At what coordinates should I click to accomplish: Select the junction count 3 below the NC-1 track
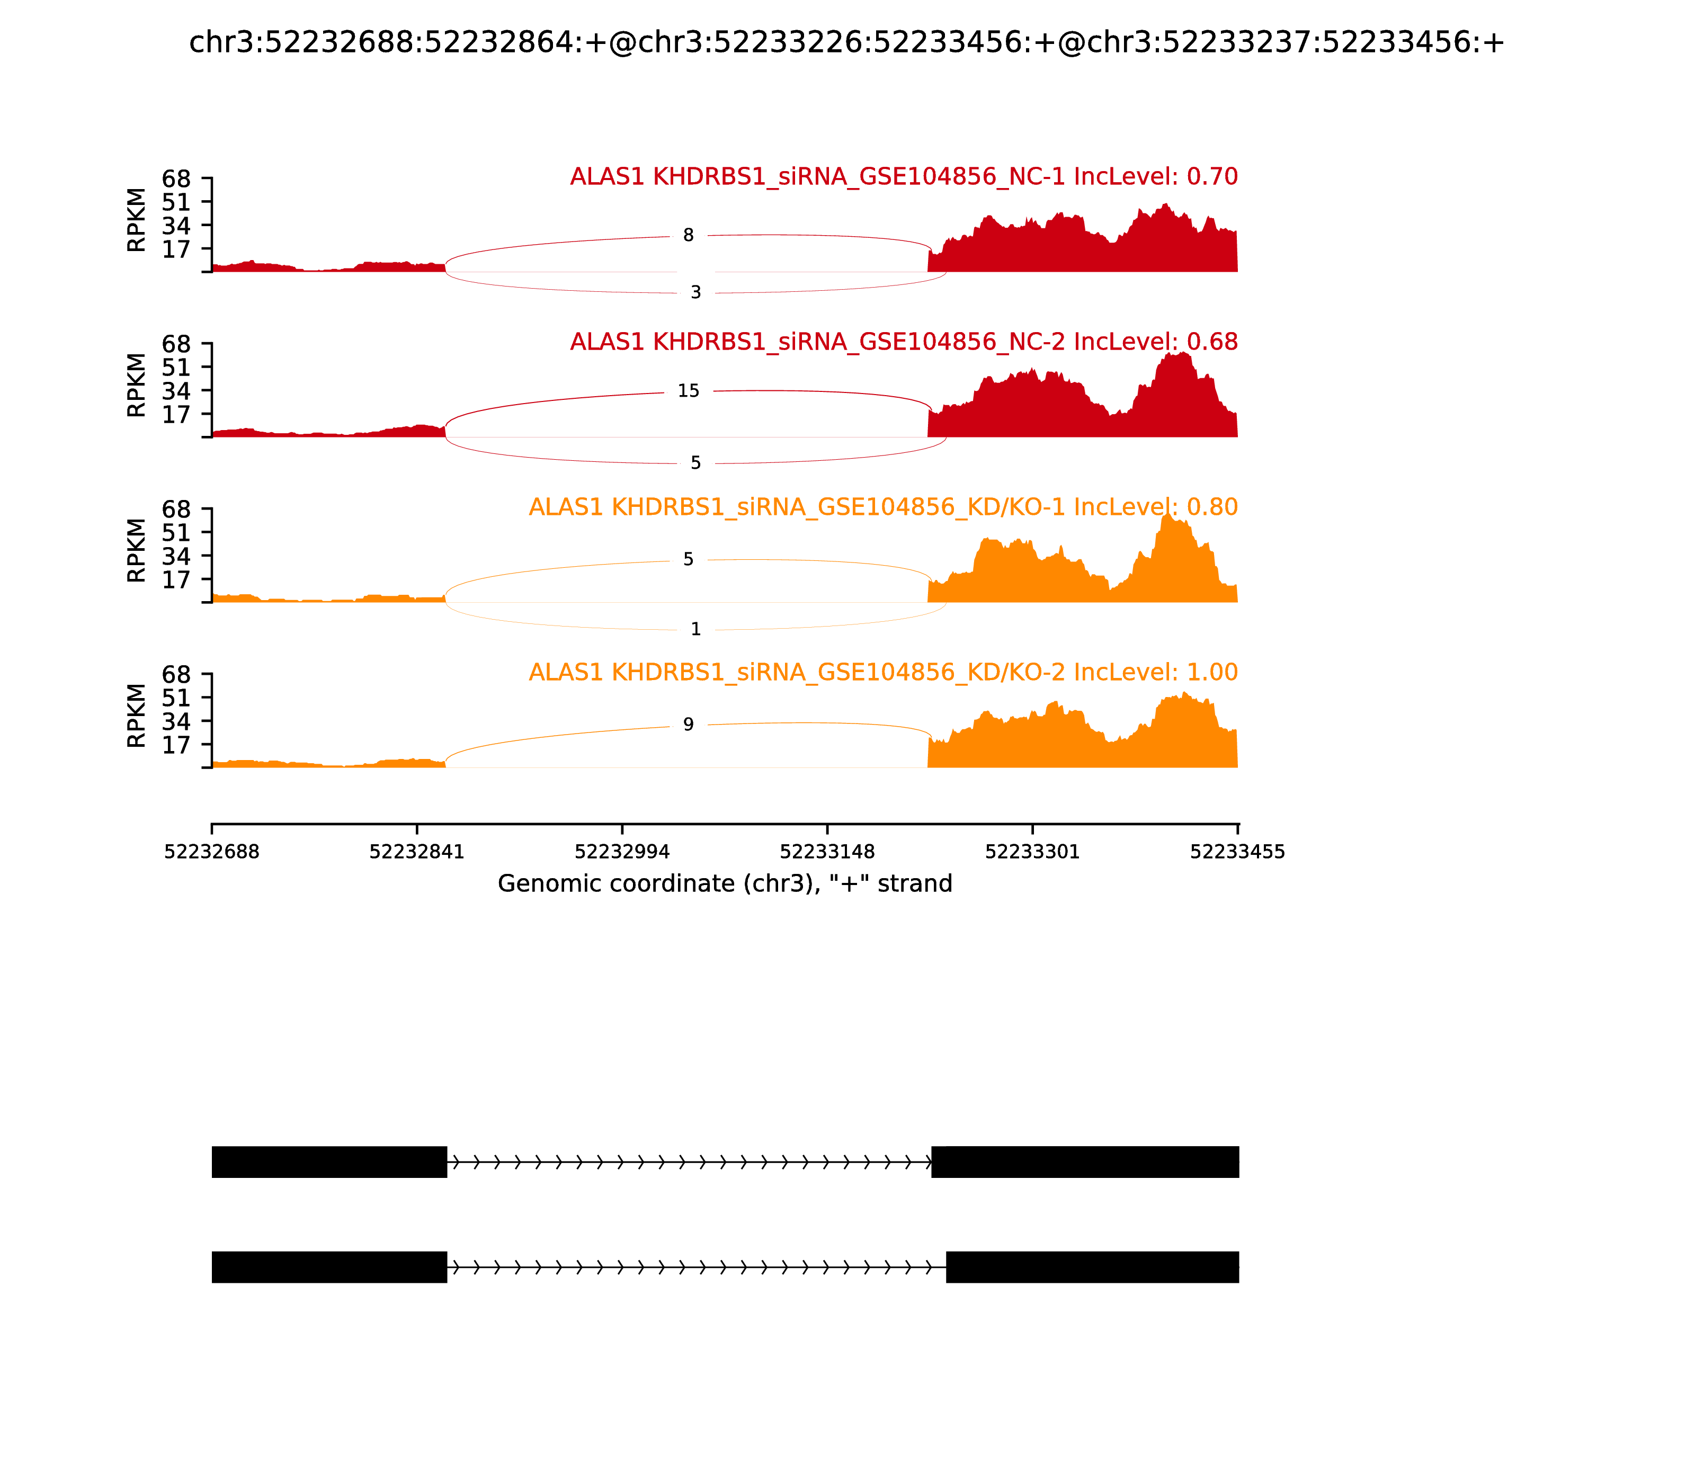pos(695,292)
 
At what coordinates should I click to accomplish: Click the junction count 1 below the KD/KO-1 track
pos(695,629)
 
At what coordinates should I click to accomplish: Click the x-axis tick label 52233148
pos(827,852)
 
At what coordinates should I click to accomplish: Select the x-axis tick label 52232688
pos(212,852)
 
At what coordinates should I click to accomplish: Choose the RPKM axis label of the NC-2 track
pos(137,385)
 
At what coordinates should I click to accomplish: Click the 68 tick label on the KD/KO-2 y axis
pos(176,674)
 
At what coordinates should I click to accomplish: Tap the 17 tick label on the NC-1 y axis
pos(176,249)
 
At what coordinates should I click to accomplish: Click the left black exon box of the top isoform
pos(329,1162)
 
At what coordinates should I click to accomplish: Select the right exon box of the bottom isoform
pos(1092,1267)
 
